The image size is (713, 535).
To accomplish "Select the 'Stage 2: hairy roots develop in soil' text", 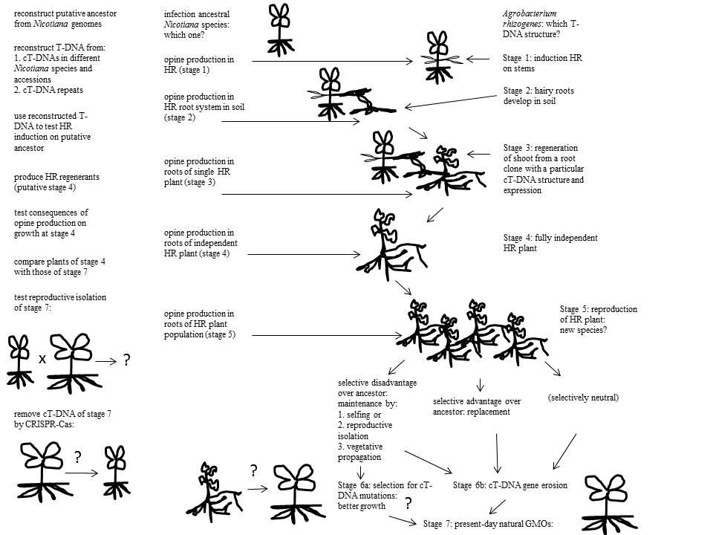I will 538,96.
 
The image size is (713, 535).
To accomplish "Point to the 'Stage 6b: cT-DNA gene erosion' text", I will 510,485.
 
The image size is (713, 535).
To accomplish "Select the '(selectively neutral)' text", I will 583,398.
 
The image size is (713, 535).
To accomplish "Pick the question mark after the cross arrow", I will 126,360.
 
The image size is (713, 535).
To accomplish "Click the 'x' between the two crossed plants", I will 42,358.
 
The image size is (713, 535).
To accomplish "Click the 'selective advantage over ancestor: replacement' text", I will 476,406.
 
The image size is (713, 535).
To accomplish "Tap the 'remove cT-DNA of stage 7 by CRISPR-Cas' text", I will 62,418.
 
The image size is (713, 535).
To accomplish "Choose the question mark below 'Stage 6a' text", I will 408,504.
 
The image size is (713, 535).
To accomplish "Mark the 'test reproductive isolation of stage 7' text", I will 60,302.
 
